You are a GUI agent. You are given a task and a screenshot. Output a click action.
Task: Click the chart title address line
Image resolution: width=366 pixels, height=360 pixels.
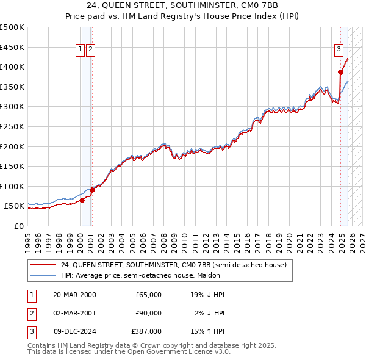click(x=183, y=5)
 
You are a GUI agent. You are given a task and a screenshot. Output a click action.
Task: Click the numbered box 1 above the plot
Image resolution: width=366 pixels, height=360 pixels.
click(x=81, y=50)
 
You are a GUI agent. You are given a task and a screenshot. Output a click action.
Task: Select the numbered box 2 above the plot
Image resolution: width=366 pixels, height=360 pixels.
click(x=90, y=50)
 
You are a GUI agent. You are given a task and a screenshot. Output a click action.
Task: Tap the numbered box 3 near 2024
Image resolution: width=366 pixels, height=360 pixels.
click(x=339, y=50)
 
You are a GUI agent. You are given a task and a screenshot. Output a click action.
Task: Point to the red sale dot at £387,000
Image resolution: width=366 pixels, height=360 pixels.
click(x=340, y=72)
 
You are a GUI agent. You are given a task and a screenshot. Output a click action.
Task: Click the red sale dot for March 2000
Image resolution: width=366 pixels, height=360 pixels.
click(x=82, y=200)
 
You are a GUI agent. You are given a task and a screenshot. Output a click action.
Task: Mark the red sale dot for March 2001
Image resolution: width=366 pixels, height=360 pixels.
click(x=92, y=190)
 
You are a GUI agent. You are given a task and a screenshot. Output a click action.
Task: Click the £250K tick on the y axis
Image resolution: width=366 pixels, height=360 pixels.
click(x=12, y=126)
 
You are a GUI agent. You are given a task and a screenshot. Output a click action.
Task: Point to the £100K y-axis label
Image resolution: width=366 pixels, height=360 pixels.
click(x=12, y=186)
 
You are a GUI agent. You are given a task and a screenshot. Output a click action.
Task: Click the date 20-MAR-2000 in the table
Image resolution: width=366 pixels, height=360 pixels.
click(x=74, y=295)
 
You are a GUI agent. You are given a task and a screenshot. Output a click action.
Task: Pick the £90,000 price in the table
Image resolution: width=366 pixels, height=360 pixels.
click(x=148, y=313)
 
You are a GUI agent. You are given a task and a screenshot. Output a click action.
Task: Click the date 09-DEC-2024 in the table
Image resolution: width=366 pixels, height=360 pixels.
click(x=74, y=331)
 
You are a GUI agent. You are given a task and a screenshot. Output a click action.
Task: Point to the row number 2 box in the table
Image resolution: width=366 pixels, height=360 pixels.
click(x=30, y=313)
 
